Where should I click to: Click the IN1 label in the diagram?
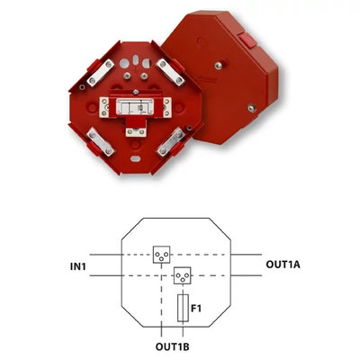coord(78,266)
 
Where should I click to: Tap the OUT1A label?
coord(283,265)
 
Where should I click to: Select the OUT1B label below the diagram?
coord(172,346)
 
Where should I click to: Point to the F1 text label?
coord(196,308)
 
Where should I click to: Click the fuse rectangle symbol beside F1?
coord(183,308)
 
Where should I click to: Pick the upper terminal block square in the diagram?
coord(161,255)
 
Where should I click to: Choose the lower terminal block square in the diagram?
coord(183,275)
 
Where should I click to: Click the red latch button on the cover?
coord(247,40)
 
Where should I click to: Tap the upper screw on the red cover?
coord(219,65)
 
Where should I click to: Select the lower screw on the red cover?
coord(252,108)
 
